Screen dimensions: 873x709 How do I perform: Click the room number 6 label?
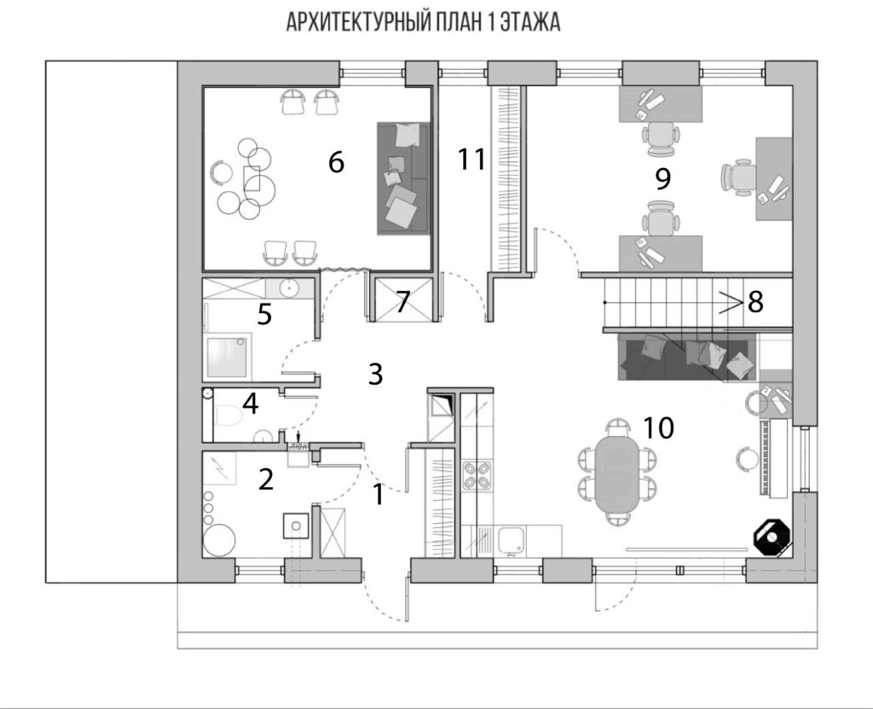[336, 162]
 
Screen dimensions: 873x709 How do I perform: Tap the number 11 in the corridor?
[471, 159]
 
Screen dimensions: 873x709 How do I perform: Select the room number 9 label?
[662, 178]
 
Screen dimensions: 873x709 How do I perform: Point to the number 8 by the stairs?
[755, 302]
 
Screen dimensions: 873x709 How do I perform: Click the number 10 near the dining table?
[659, 427]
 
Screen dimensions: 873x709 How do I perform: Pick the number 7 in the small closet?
[403, 302]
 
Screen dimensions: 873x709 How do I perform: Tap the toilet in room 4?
[228, 416]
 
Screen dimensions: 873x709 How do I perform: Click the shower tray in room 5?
[228, 355]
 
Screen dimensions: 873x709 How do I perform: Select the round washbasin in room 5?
[290, 288]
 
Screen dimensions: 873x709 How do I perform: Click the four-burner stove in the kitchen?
[477, 475]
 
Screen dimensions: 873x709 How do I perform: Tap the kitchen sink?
[512, 541]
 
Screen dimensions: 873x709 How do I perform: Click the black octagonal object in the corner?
[771, 537]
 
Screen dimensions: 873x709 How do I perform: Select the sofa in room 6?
[403, 178]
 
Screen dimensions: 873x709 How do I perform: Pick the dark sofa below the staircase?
[687, 357]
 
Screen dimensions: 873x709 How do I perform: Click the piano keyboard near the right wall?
[766, 458]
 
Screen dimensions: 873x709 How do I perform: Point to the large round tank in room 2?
[219, 540]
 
